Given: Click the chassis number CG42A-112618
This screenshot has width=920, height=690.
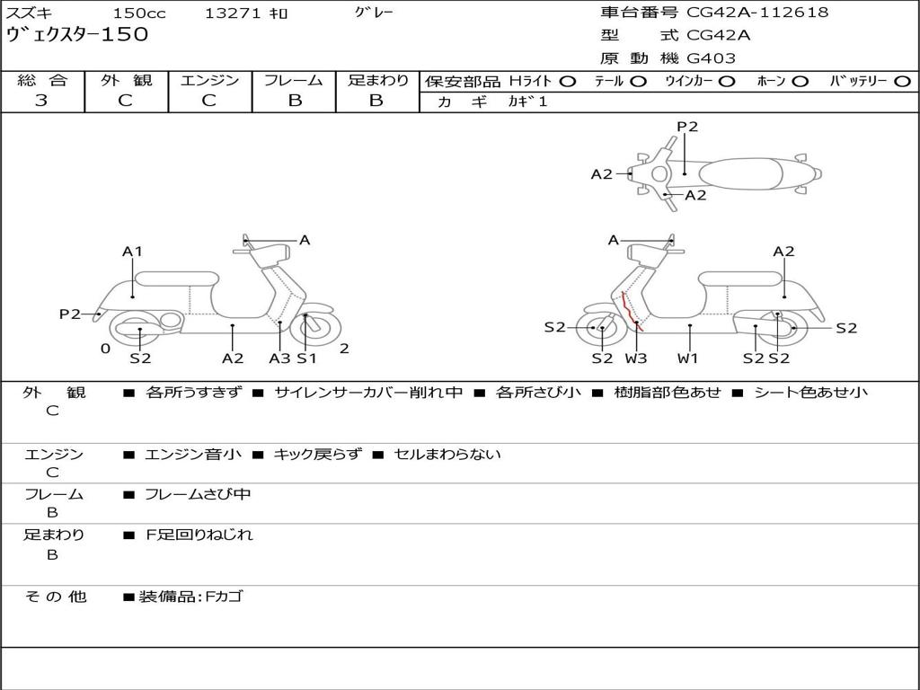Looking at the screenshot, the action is (757, 13).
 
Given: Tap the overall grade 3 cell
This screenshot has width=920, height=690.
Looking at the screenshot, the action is (41, 101).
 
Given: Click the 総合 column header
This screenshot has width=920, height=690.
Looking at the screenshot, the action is (41, 81).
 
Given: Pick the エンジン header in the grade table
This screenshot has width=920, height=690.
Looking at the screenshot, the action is (209, 81).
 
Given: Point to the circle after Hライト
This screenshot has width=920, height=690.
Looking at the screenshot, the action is (567, 82).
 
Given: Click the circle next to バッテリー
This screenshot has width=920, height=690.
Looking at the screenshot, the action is (902, 82).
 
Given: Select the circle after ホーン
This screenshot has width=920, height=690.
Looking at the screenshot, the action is (801, 82).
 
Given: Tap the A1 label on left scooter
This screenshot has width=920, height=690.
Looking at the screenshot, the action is (133, 252).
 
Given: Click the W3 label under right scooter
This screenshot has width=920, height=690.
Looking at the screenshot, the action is (636, 358).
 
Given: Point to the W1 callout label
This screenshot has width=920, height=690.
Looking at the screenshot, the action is (688, 358).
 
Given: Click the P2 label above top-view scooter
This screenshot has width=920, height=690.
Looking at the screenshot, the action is (687, 127).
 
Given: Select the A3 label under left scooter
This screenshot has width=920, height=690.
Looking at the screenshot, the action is (279, 358).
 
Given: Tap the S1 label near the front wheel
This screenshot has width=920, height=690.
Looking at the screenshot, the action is (307, 358).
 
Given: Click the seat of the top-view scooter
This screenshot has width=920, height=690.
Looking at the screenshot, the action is (744, 172).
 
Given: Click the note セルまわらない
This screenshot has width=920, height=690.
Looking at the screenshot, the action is (447, 455).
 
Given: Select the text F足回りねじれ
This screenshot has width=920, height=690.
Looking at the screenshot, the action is (199, 535).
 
